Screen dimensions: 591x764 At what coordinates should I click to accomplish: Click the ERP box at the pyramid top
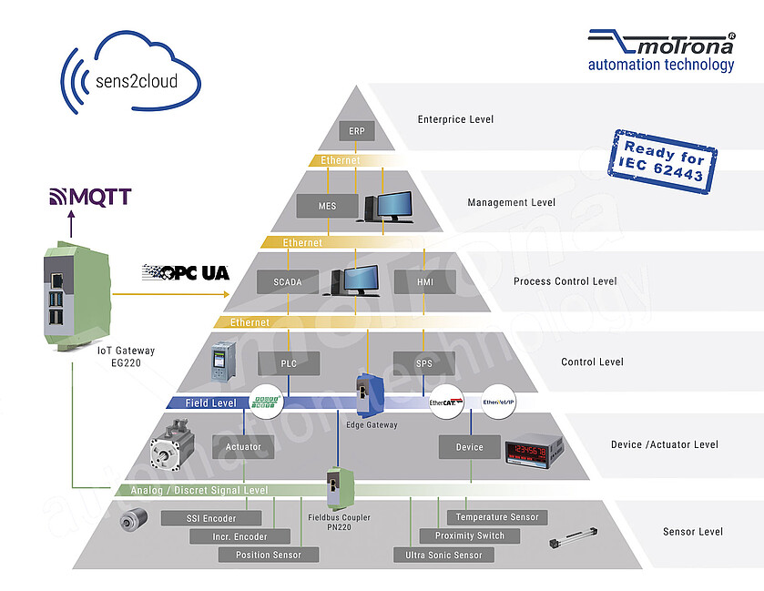[x=357, y=131]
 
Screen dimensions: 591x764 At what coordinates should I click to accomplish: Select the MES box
[x=327, y=206]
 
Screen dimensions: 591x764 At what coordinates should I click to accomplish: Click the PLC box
[x=289, y=363]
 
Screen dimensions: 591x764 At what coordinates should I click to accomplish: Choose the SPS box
[x=424, y=363]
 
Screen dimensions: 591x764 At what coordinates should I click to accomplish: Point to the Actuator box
[x=243, y=446]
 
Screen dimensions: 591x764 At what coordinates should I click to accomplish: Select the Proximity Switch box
[x=469, y=535]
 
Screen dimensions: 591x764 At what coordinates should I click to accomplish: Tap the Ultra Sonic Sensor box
[x=443, y=555]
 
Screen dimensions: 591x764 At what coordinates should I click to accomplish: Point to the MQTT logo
[x=89, y=197]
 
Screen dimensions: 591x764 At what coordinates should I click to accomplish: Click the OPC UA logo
[x=186, y=271]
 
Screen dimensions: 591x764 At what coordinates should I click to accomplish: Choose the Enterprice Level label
[x=455, y=119]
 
